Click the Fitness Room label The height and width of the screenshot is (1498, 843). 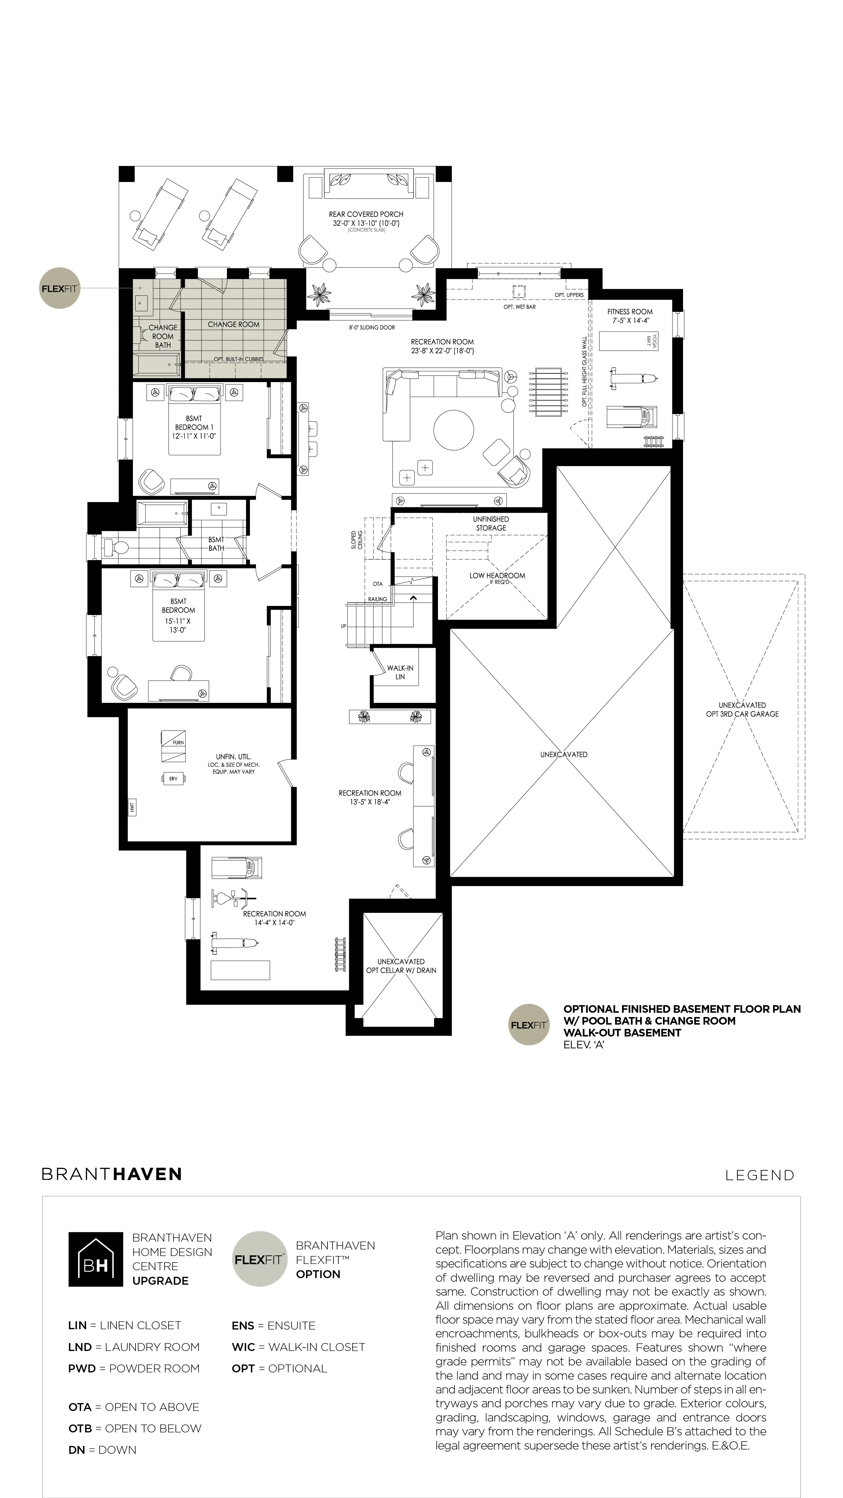pos(630,316)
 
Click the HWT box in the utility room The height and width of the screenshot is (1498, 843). pos(132,807)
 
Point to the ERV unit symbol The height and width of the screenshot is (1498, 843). pos(173,778)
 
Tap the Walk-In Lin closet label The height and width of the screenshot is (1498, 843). pos(400,672)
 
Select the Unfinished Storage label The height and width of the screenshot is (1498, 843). pos(491,524)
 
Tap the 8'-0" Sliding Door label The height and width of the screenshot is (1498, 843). pos(372,327)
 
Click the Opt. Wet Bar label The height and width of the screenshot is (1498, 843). pos(519,307)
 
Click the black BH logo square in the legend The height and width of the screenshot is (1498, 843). pos(95,1259)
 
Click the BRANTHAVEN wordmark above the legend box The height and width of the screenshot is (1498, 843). pos(112,1174)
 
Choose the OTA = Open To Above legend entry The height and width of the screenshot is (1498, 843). pos(134,1407)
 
